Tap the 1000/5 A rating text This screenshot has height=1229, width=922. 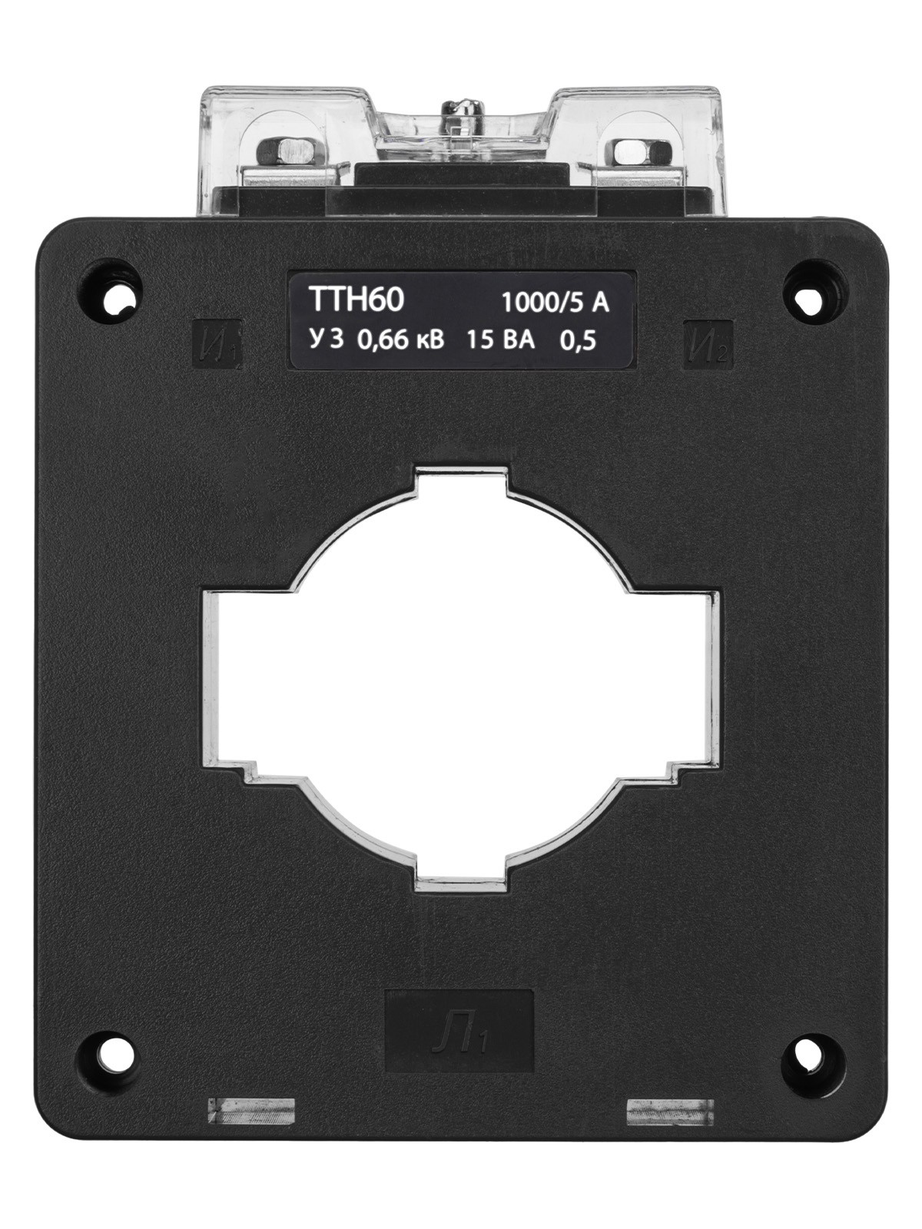pos(555,303)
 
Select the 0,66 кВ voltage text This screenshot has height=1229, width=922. pos(400,340)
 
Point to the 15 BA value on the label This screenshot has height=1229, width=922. pos(500,340)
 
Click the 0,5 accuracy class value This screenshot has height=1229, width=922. pos(579,341)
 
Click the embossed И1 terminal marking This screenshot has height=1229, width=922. pos(217,343)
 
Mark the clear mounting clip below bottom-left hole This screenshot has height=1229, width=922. pos(251,1111)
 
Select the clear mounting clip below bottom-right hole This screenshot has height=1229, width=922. pos(670,1111)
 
